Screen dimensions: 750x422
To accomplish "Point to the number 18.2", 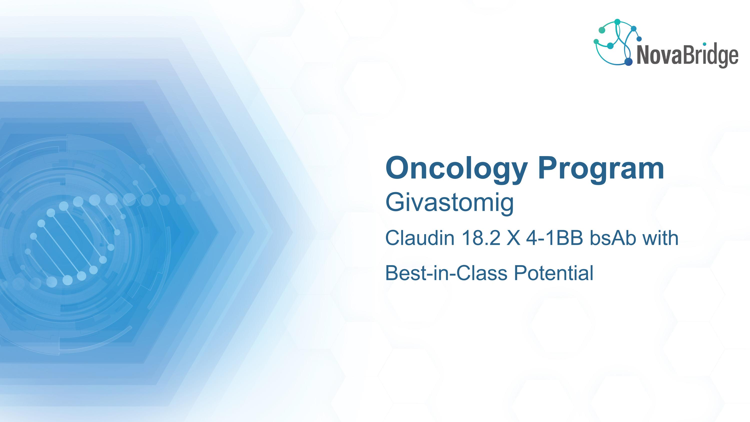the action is coord(481,238).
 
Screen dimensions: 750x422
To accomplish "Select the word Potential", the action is coord(553,273).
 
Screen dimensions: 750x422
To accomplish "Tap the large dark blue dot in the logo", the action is coord(628,62).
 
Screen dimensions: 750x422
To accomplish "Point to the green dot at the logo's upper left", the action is coord(602,30).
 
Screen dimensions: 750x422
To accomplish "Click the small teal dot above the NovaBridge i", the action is coord(704,44).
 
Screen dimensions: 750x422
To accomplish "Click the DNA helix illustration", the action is coord(73,239).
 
